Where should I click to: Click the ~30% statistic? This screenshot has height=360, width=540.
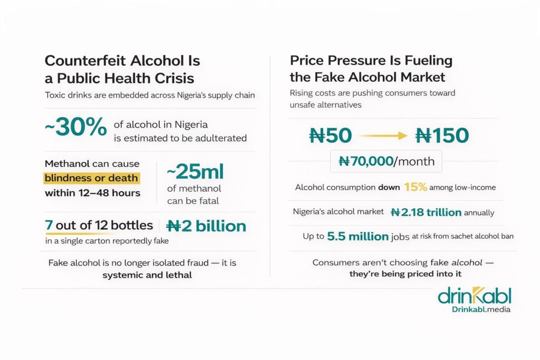tap(76, 128)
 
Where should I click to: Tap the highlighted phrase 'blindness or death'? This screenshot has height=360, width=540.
tap(91, 178)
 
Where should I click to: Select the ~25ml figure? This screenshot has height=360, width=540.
tap(195, 172)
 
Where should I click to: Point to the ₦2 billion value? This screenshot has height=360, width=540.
tap(206, 226)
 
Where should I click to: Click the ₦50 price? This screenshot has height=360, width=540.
tap(330, 136)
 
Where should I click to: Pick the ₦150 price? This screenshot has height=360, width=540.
tap(442, 136)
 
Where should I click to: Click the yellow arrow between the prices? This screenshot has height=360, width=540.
tap(384, 136)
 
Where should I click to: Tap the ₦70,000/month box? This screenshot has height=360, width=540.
tap(386, 161)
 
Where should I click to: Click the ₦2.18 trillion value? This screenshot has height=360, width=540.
tap(426, 212)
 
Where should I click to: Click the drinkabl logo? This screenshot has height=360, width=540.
tap(474, 296)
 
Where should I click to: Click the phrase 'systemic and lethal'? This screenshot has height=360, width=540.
tap(147, 275)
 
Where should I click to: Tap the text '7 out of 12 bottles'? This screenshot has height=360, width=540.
tap(99, 226)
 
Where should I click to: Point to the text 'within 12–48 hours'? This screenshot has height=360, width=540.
tap(92, 193)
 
